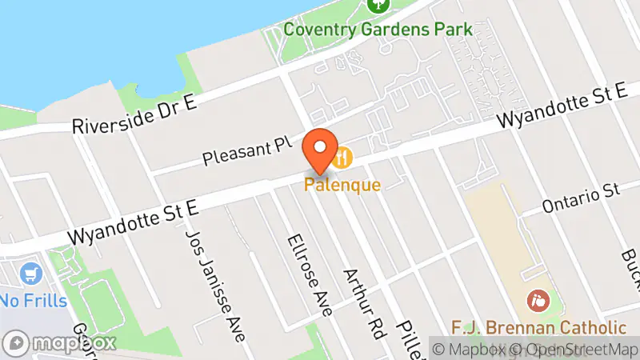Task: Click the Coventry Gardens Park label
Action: click(x=378, y=30)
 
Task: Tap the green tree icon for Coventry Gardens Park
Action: click(x=378, y=4)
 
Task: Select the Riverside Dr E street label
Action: click(x=134, y=115)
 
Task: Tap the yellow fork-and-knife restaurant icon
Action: click(x=343, y=158)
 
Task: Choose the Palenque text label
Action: click(x=342, y=185)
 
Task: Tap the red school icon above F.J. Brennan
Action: click(x=538, y=302)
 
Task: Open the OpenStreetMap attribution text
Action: click(x=573, y=349)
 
